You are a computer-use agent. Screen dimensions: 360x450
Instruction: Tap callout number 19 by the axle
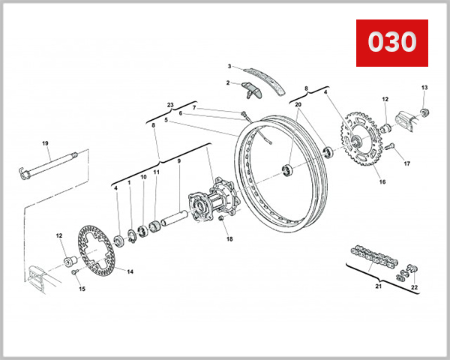(x=45, y=143)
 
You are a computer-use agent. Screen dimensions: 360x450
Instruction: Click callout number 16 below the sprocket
(x=382, y=181)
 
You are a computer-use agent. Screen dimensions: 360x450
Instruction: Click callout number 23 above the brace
(x=170, y=104)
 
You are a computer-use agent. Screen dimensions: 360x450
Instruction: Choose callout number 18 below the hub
(x=230, y=239)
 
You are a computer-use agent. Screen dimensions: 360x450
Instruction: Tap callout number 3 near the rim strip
(x=230, y=67)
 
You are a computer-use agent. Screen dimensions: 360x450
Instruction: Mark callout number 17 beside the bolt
(x=407, y=163)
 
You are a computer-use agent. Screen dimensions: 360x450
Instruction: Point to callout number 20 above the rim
(x=298, y=105)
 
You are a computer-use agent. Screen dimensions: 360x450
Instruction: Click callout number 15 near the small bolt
(x=82, y=288)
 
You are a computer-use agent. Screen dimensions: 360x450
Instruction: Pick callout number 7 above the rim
(x=193, y=107)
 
